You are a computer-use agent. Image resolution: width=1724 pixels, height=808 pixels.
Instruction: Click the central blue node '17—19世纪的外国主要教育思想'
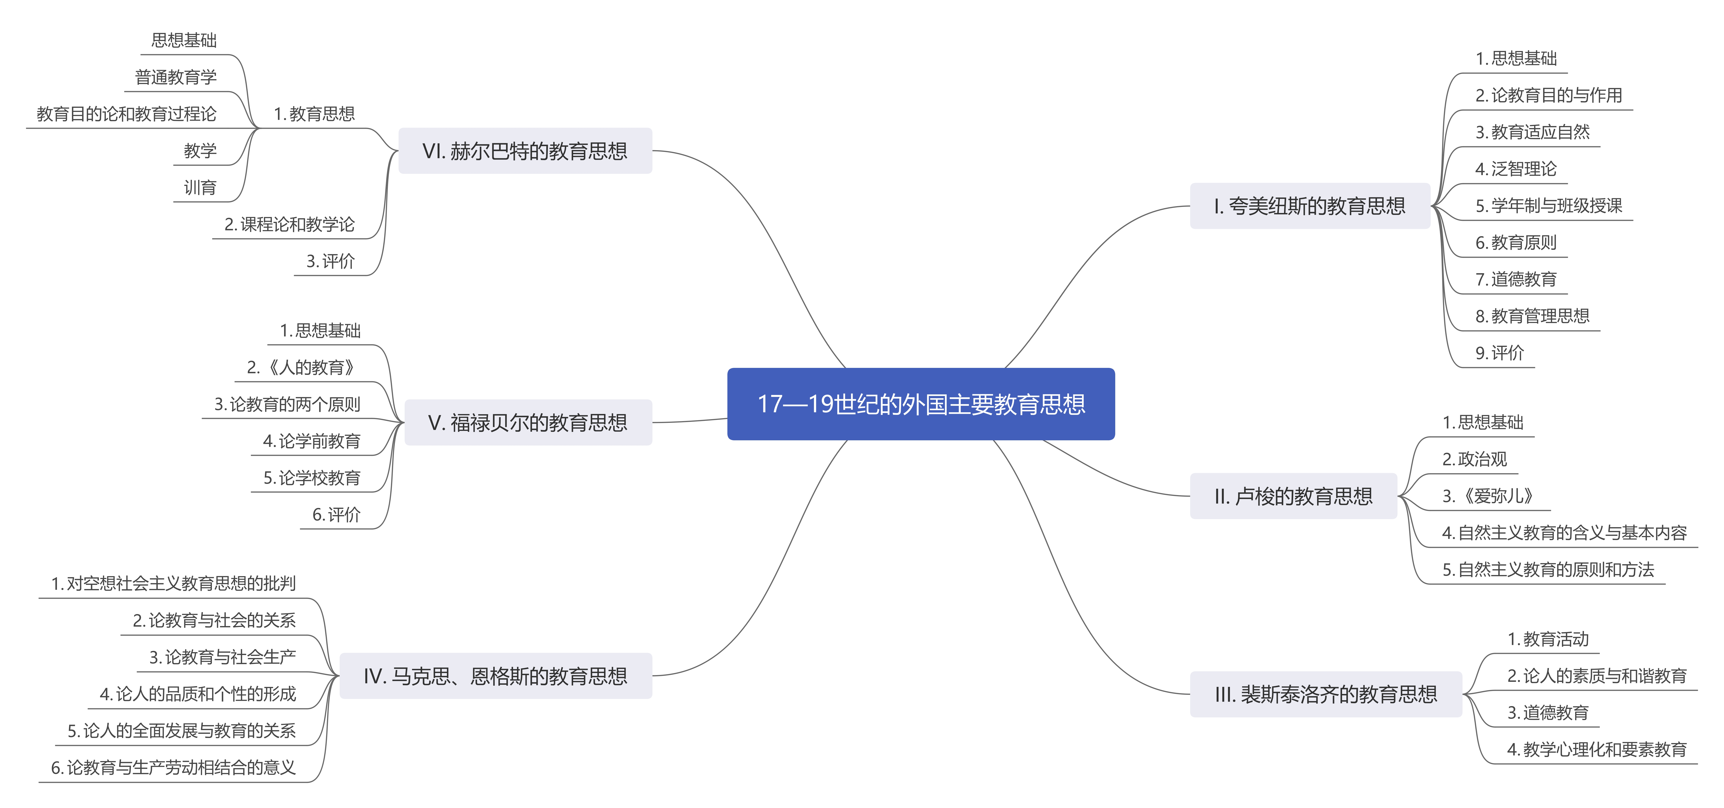(921, 404)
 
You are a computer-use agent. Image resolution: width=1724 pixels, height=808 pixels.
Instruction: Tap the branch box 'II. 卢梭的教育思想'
(1293, 496)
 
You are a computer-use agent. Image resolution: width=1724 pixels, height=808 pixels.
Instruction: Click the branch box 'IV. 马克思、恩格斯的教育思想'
(495, 676)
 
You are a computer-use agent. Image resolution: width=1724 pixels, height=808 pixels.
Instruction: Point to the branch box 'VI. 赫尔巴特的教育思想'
(525, 151)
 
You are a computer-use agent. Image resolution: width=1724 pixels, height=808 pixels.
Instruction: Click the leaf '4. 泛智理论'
(1516, 169)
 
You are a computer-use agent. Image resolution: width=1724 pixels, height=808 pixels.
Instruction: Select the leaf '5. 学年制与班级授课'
(1549, 206)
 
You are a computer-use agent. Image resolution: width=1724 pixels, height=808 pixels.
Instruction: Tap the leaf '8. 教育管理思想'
(1532, 316)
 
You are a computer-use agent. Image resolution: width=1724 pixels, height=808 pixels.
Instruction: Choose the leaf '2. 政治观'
(1474, 460)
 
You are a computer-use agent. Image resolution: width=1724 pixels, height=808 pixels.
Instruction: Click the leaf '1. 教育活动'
(1547, 639)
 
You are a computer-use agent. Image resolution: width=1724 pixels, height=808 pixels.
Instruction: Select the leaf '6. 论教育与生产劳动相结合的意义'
(173, 768)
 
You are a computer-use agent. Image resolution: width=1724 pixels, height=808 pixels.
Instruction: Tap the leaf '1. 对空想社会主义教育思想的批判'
(173, 584)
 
